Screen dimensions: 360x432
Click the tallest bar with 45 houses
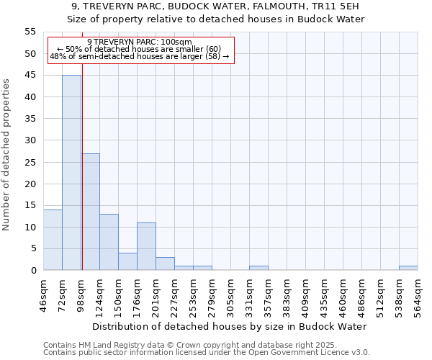point(71,173)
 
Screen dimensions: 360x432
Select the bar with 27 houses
point(91,212)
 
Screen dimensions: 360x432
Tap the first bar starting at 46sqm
point(53,240)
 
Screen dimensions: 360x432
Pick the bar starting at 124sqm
point(109,242)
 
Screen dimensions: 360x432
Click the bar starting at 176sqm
point(146,246)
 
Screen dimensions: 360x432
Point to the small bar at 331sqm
point(258,268)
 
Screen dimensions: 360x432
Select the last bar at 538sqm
point(408,268)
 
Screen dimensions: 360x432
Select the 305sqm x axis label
point(231,295)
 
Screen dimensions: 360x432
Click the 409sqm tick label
point(306,295)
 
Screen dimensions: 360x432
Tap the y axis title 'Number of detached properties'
point(7,155)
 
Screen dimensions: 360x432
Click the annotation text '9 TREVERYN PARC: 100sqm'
point(140,42)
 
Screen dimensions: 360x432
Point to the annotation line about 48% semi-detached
point(140,56)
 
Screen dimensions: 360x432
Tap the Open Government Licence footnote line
point(207,352)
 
